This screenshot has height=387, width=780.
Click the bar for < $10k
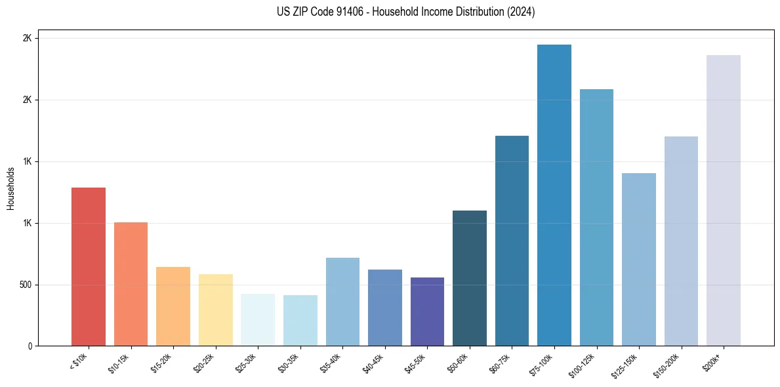pos(88,266)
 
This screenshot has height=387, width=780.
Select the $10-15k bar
pos(131,284)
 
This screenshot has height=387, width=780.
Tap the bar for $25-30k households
pos(258,319)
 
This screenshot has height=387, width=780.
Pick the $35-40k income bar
pos(342,302)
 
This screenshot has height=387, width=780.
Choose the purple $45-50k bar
pos(427,312)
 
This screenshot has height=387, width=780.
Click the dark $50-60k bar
pos(470,278)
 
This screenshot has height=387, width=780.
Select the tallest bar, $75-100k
pos(554,195)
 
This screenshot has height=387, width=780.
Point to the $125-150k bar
pos(639,259)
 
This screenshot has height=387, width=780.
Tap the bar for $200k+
pos(724,200)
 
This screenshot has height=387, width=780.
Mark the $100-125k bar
pos(596,217)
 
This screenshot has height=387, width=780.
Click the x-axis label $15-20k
pos(162,363)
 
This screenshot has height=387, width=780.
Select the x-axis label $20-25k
pos(204,363)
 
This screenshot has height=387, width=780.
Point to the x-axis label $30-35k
pos(289,363)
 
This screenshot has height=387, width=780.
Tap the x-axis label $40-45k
pos(373,363)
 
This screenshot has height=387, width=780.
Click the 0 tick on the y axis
pos(30,346)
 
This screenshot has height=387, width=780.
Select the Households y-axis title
pos(10,188)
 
